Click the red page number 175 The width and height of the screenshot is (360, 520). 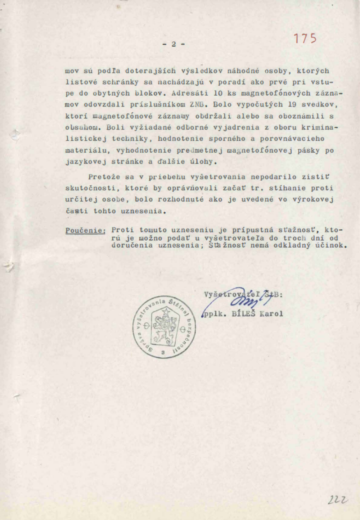click(305, 39)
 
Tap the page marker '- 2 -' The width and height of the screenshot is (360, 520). click(174, 44)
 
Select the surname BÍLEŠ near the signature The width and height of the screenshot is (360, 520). click(243, 314)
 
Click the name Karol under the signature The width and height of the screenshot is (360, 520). click(271, 314)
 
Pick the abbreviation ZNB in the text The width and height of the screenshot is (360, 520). click(197, 105)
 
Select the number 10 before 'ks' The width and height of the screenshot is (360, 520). click(218, 93)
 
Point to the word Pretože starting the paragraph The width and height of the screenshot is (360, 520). click(104, 177)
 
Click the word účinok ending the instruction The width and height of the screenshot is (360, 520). click(332, 245)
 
